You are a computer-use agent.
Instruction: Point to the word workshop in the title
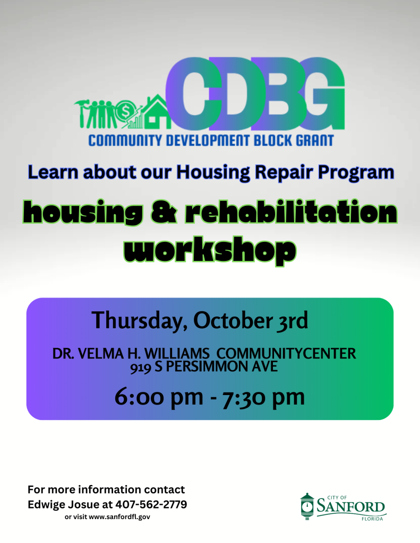point(209,249)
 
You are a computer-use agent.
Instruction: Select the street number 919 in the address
point(141,366)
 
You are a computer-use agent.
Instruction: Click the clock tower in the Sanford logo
point(307,506)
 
